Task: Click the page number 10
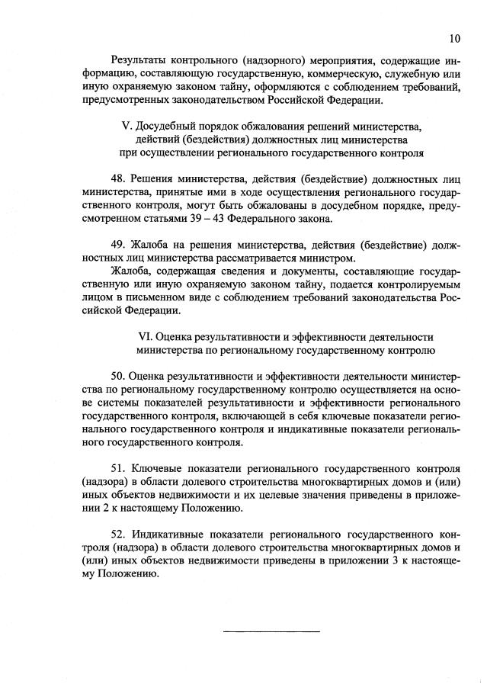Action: [455, 38]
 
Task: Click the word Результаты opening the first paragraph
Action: [140, 59]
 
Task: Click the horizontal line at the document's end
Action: [271, 631]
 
